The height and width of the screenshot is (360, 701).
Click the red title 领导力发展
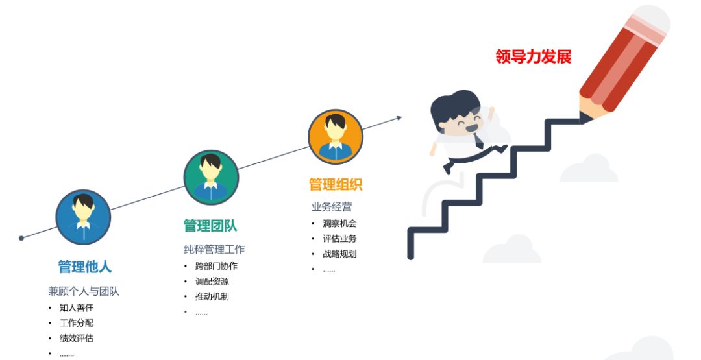[x=533, y=56]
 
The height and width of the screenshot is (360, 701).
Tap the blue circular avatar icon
[x=83, y=217]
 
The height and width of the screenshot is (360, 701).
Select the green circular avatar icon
[x=211, y=177]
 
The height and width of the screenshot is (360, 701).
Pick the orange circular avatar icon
[x=335, y=137]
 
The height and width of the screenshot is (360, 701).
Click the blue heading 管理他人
[x=84, y=267]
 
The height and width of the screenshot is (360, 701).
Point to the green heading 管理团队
[x=210, y=226]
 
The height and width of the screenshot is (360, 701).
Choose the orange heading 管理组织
[x=335, y=184]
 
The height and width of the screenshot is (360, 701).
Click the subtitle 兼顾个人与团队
[x=84, y=291]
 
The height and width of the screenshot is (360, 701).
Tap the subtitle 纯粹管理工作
[x=214, y=250]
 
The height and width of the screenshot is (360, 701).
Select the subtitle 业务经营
[x=332, y=207]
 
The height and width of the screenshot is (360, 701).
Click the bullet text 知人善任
[x=77, y=307]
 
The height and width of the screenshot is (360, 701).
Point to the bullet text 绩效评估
[x=77, y=338]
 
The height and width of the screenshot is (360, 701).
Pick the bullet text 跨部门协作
[x=216, y=266]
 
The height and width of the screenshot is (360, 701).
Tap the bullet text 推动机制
[x=212, y=296]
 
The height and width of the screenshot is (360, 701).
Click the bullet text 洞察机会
[x=339, y=223]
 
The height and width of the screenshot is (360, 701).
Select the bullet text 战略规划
[x=339, y=254]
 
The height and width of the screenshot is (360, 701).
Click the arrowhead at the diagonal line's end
[x=399, y=117]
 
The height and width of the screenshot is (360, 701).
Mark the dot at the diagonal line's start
[x=21, y=238]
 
